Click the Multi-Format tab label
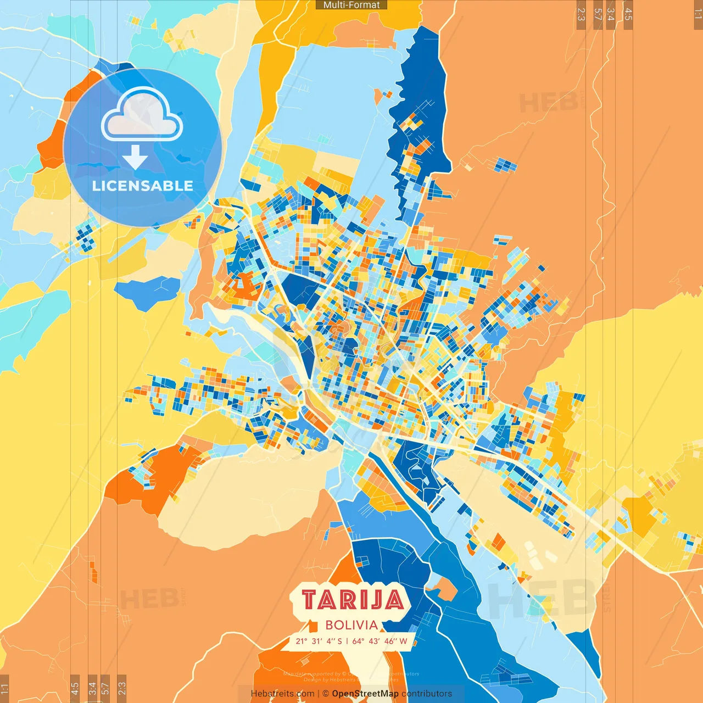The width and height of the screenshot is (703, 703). tap(351, 5)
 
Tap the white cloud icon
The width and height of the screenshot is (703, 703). tap(142, 115)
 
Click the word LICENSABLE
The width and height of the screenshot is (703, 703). tap(143, 186)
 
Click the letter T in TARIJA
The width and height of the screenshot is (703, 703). tap(310, 600)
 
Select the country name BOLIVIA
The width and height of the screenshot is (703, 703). tap(351, 625)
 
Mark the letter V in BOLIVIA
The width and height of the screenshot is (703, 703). tap(363, 625)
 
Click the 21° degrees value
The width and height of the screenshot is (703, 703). tap(302, 641)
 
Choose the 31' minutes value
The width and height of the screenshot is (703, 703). tap(317, 641)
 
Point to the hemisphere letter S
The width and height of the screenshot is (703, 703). tap(340, 641)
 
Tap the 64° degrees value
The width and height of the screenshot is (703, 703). tap(358, 641)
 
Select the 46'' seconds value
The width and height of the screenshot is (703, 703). tap(390, 641)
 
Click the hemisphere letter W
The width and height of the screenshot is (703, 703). tap(404, 641)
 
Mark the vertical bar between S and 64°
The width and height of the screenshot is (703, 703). tap(347, 641)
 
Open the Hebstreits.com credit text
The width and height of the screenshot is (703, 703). tap(283, 694)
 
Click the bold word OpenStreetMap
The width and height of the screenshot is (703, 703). tap(365, 694)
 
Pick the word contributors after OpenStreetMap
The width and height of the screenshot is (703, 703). tap(427, 694)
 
